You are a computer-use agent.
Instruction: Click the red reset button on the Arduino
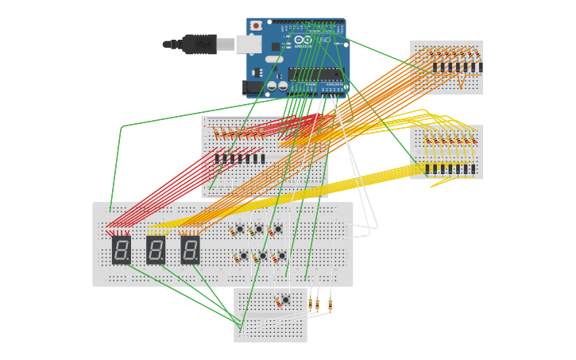(256, 26)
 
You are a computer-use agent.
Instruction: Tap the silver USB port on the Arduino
(249, 44)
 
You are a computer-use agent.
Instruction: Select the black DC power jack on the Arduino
(253, 87)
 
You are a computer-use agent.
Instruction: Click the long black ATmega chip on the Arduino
(315, 74)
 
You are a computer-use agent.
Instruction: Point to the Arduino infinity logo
(303, 40)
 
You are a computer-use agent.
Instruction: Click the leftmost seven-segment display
(122, 250)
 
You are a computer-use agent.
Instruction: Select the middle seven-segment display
(156, 250)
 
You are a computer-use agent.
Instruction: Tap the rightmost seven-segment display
(190, 250)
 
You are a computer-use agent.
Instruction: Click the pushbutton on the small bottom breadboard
(285, 300)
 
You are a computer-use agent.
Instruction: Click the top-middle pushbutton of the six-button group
(259, 230)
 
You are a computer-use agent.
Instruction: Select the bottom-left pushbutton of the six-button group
(244, 256)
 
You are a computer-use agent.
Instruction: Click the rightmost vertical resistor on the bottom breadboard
(330, 304)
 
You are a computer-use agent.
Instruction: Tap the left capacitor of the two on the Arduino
(272, 86)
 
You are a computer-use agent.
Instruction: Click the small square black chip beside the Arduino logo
(276, 47)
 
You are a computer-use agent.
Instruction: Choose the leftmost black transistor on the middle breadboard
(217, 158)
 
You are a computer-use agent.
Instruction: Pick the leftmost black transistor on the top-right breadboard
(435, 68)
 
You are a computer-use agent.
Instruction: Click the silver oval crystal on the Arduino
(274, 60)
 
